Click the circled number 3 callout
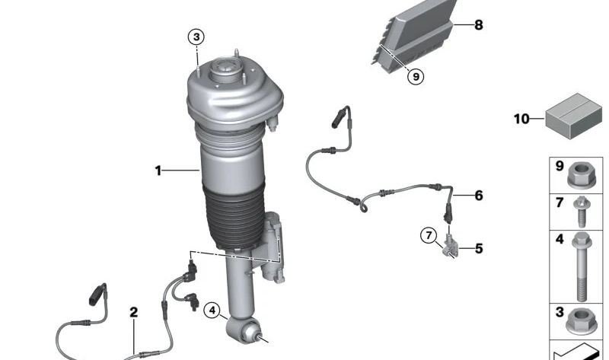coord(196,37)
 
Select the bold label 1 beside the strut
coord(158,171)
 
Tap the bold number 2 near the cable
coord(134,312)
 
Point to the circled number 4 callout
coord(212,310)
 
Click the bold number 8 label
coord(478,25)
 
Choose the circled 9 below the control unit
coord(414,75)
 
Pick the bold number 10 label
coord(521,119)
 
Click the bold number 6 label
coord(478,196)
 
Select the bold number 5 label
coord(478,248)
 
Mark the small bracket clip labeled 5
coord(450,245)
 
